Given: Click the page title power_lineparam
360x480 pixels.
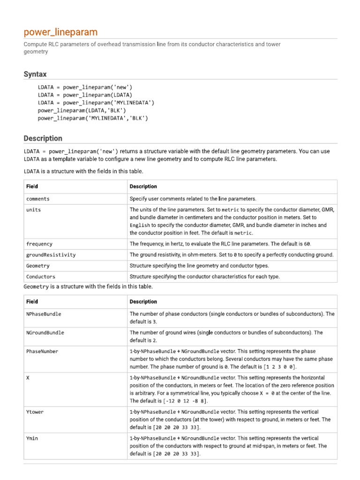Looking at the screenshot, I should point(61,32).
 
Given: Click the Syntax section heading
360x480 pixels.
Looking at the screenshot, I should point(35,74).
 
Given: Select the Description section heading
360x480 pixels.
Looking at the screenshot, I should point(43,138).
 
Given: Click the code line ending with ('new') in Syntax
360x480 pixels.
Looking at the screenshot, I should point(85,87).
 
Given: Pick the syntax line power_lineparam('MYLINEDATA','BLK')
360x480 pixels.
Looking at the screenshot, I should point(93,119).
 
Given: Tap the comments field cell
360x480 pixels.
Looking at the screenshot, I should point(38,199).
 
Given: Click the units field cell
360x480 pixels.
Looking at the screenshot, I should point(34,210).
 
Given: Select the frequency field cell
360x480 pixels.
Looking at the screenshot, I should point(39,244).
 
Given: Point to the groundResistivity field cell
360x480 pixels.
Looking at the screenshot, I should point(51,255).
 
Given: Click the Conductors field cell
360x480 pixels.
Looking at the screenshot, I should point(41,277).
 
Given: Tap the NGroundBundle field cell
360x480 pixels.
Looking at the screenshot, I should point(45,333).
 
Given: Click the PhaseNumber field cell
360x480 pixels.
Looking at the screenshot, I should point(43,352).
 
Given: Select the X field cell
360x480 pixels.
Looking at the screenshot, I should point(28,378).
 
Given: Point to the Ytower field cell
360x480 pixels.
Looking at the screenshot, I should point(35,412).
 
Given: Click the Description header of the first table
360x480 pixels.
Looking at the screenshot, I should point(143,187).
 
